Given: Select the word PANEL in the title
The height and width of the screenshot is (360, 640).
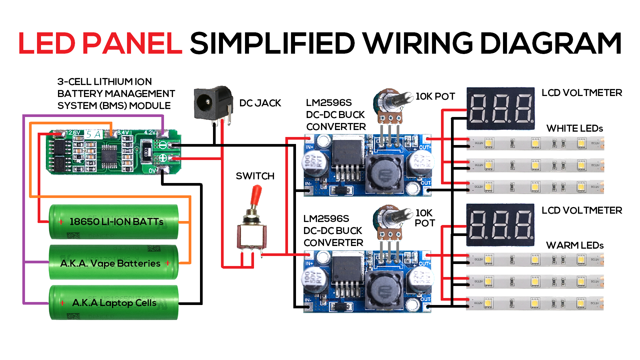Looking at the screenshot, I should (132, 43).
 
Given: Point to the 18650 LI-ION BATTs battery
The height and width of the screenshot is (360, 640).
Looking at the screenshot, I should (113, 222).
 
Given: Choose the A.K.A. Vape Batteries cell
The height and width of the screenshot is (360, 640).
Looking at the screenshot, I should (113, 263).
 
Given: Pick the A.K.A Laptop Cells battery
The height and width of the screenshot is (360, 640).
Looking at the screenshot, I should (113, 303).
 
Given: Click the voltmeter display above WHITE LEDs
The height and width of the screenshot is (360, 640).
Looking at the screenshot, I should (500, 109).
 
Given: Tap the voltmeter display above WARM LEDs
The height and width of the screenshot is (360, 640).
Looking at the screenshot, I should (500, 225).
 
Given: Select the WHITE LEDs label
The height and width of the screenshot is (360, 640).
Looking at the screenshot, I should (575, 128).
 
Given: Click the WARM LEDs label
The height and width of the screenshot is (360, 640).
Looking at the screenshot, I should (575, 245).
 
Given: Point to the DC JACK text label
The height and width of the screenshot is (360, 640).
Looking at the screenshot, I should (260, 103).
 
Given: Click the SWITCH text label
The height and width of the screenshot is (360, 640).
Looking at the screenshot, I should (255, 176).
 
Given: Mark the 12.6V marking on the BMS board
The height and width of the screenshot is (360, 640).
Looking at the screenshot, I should (73, 133).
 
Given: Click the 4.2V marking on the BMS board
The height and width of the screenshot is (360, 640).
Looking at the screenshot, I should (150, 132).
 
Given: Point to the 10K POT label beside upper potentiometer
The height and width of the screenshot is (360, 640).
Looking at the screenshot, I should (435, 96).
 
